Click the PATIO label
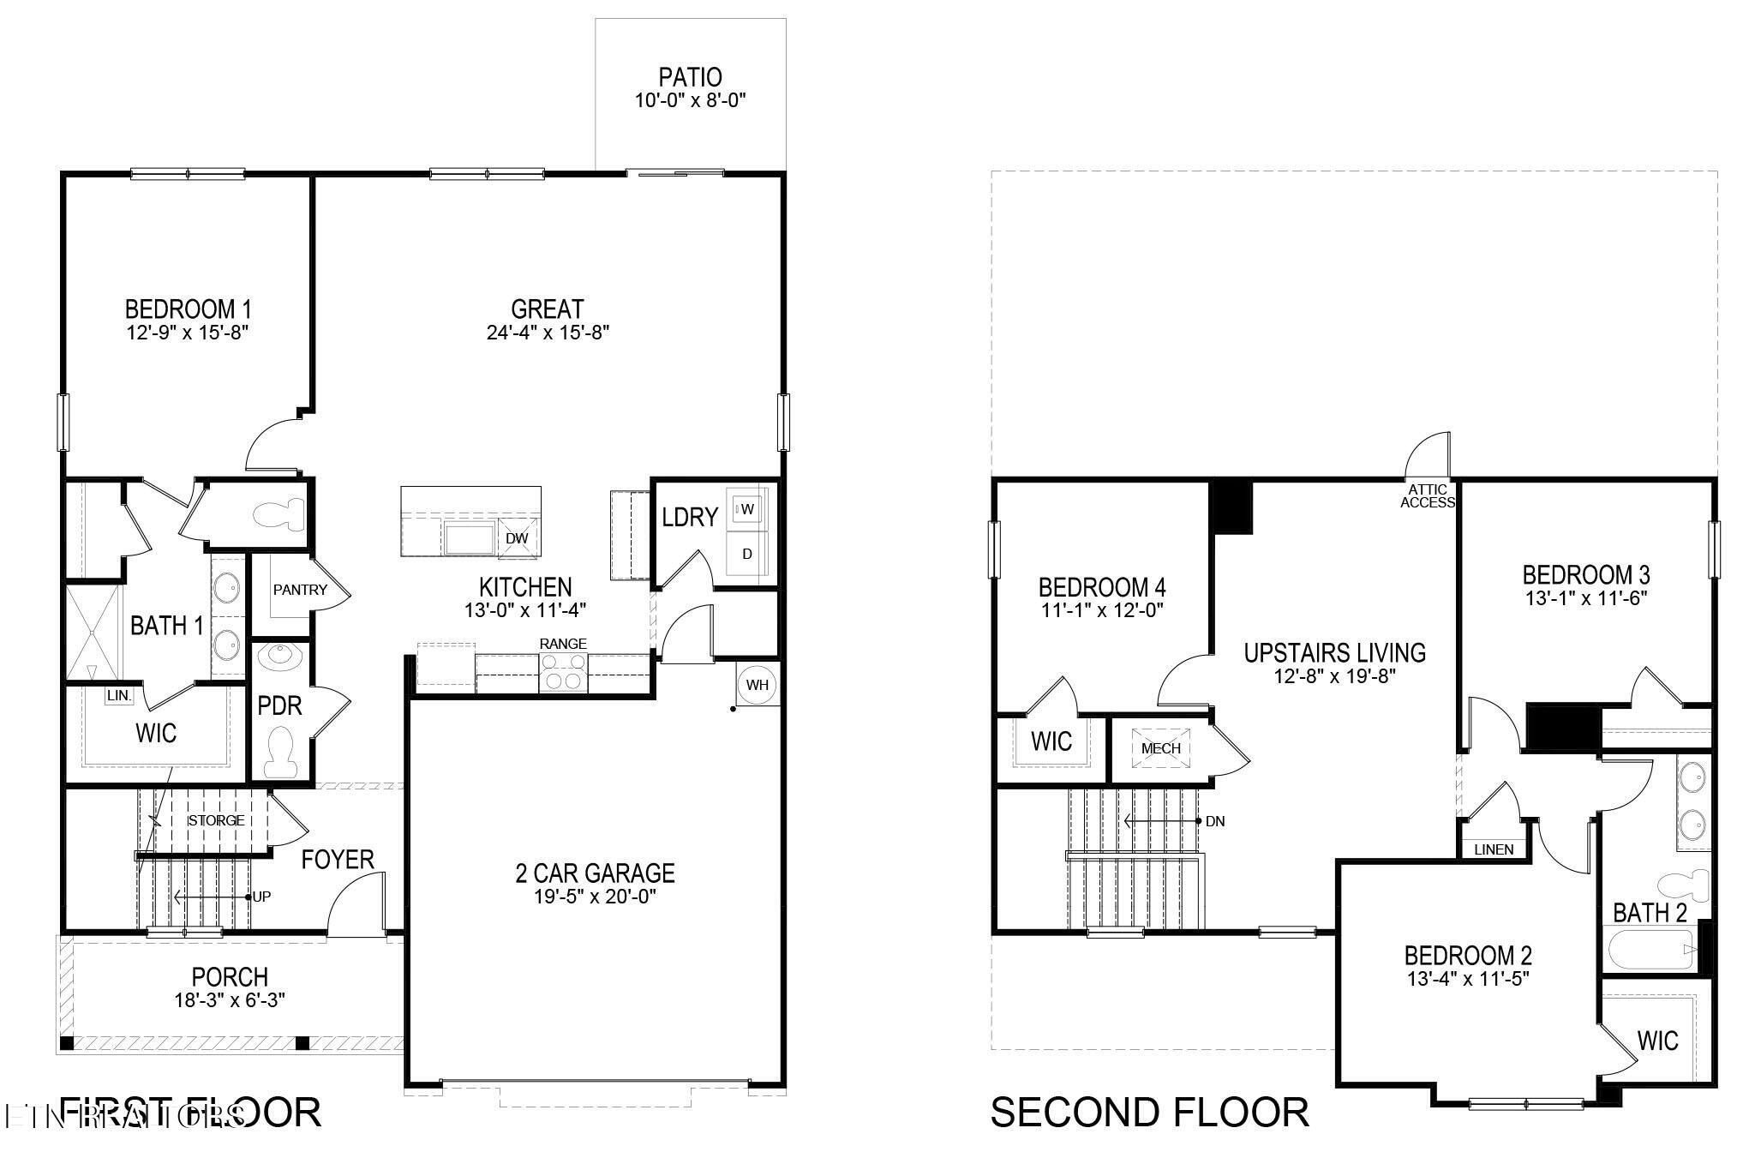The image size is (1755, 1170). (x=690, y=77)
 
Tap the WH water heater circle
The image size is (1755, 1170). (x=758, y=685)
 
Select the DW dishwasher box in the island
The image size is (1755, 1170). (x=517, y=538)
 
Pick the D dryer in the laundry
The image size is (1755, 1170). (x=747, y=554)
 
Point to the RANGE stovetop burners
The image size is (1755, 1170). (x=564, y=671)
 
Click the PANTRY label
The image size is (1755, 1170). (x=300, y=590)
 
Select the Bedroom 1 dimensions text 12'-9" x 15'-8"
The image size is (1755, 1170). (x=187, y=333)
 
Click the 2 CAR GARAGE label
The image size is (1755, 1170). (x=595, y=873)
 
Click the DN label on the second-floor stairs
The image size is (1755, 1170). (x=1214, y=821)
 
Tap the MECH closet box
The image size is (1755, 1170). (x=1160, y=747)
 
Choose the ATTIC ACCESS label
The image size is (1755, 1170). (x=1427, y=496)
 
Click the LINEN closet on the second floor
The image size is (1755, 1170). (x=1494, y=849)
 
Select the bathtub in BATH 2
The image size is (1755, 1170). (x=1650, y=950)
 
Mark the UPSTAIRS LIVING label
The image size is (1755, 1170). (x=1334, y=653)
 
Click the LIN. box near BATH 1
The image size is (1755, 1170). (x=119, y=696)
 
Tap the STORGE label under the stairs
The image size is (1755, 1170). (x=216, y=820)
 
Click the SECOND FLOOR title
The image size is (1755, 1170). (x=1149, y=1113)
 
